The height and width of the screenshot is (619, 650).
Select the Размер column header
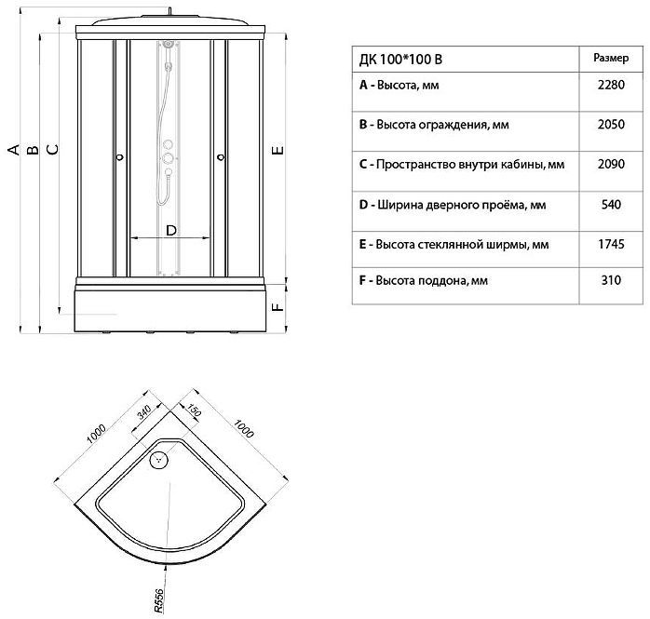(610, 58)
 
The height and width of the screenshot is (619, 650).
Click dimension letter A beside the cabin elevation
(13, 149)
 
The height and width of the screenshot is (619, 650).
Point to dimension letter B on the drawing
(33, 149)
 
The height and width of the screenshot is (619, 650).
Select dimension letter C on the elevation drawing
(52, 149)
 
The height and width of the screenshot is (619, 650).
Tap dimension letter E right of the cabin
(278, 149)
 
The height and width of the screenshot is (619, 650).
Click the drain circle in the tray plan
(160, 459)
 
